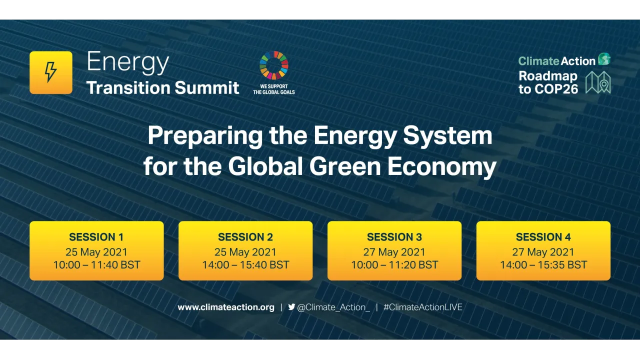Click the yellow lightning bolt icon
tap(50, 72)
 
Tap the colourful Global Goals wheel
tap(274, 65)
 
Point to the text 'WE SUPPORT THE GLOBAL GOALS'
tap(274, 89)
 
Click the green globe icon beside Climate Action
tap(604, 59)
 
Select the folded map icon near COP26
tap(598, 82)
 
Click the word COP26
tap(555, 89)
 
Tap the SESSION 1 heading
tap(96, 237)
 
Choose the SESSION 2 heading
tap(245, 237)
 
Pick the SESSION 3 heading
tap(394, 237)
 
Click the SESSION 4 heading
tap(543, 237)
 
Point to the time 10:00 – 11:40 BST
tap(96, 265)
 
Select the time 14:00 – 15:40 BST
tap(245, 265)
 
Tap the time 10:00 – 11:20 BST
tap(394, 265)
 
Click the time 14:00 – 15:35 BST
tap(543, 265)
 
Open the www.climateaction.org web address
tap(226, 307)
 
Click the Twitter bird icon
tap(291, 307)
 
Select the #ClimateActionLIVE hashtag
tap(423, 307)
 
